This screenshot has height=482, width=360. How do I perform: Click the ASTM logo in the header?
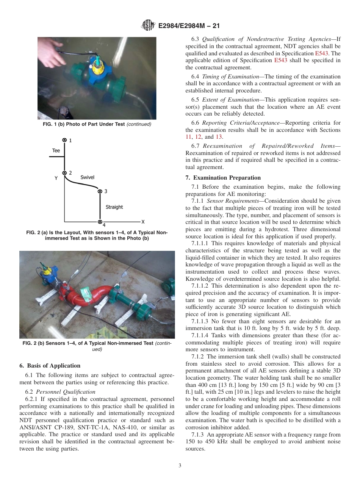click(147, 26)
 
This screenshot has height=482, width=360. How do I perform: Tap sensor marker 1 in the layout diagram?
click(64, 140)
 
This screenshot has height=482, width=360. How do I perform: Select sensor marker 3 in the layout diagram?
click(100, 191)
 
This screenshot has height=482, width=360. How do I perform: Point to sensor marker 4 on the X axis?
click(100, 222)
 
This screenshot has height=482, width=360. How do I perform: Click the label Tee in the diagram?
click(56, 150)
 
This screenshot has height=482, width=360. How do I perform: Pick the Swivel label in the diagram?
click(88, 177)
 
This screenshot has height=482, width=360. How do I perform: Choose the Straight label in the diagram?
click(114, 207)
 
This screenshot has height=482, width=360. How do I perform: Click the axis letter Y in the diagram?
click(56, 177)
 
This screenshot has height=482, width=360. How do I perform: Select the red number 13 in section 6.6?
click(219, 137)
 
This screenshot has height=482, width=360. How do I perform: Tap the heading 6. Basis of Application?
click(50, 366)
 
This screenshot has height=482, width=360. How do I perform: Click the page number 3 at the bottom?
click(180, 466)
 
